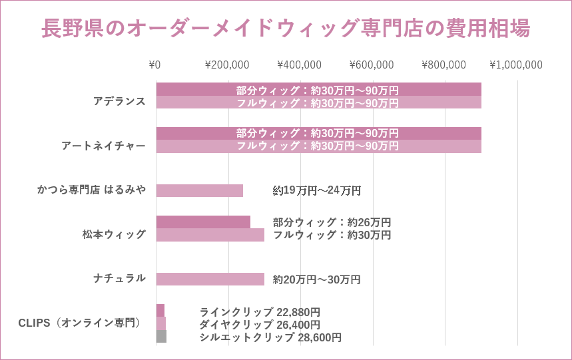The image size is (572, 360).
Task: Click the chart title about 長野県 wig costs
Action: [x=286, y=29]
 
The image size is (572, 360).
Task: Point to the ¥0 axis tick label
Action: [x=154, y=65]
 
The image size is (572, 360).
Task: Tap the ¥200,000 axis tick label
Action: [x=227, y=65]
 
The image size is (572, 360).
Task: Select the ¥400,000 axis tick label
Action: [x=299, y=65]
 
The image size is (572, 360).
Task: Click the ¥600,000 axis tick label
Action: [x=372, y=65]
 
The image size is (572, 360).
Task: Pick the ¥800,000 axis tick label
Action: [x=443, y=65]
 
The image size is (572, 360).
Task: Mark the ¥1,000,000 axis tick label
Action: [x=516, y=65]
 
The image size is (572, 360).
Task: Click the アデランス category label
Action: [x=119, y=101]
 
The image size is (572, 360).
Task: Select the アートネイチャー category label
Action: [x=103, y=146]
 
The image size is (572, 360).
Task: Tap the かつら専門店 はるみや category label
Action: [x=91, y=190]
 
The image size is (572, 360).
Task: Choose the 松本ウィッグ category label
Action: [x=114, y=234]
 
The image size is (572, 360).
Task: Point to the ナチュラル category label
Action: [x=119, y=278]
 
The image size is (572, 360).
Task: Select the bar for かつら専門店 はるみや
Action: [x=199, y=190]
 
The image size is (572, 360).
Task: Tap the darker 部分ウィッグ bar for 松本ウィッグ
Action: [x=203, y=222]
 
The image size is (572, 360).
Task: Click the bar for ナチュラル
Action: [x=210, y=279]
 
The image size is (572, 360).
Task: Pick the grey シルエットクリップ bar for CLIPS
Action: [x=161, y=337]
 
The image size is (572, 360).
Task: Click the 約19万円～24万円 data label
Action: [x=317, y=191]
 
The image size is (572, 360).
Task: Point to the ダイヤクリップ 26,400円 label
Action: [x=260, y=325]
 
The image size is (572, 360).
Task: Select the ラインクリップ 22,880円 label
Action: [x=260, y=312]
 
